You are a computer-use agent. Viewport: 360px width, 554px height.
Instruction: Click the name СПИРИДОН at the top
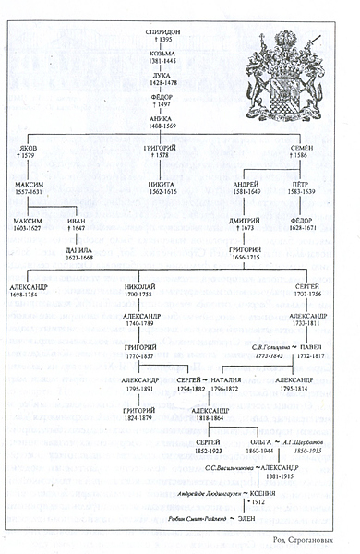click(x=164, y=31)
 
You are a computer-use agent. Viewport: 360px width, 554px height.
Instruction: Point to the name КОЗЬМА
click(x=164, y=54)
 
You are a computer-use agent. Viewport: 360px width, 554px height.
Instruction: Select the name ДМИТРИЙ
click(x=245, y=221)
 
